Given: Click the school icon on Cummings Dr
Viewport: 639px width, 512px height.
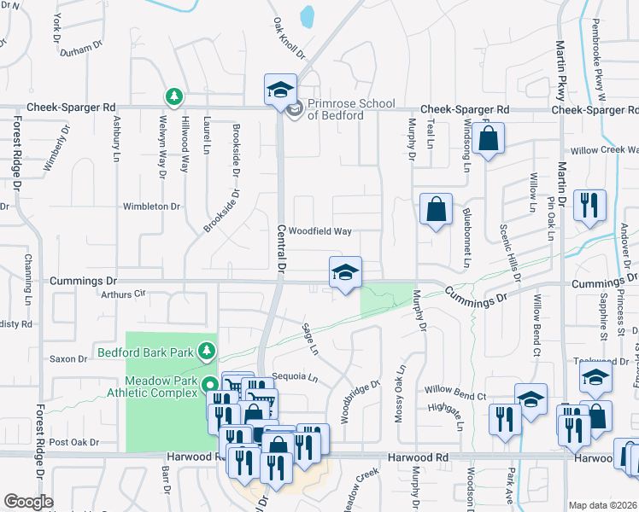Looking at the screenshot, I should point(345,273).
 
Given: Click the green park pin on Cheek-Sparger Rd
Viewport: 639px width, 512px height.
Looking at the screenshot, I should point(174,96).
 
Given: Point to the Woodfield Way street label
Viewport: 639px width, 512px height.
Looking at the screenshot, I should point(319,231).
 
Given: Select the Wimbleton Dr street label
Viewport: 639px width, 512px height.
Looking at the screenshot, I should point(152,207).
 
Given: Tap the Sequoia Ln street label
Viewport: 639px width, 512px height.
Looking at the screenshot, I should point(294,376).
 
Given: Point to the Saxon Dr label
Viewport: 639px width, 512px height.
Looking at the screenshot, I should point(65,358).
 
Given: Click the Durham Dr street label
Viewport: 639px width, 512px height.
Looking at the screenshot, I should point(82,50).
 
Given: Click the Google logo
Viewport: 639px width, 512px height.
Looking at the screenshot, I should point(28,502).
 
